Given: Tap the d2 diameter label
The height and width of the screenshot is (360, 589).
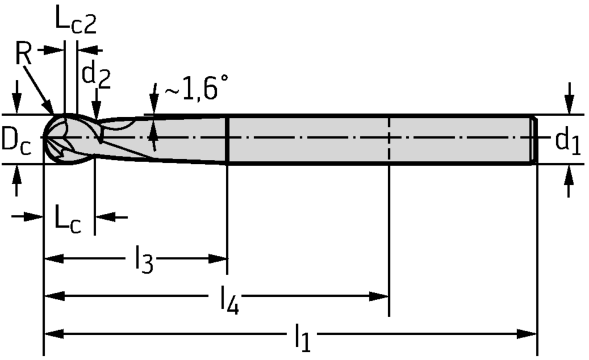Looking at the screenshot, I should (95, 74).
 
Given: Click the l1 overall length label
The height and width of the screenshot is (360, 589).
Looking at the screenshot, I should (302, 338).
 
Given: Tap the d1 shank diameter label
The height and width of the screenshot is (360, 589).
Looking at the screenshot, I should (568, 140).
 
